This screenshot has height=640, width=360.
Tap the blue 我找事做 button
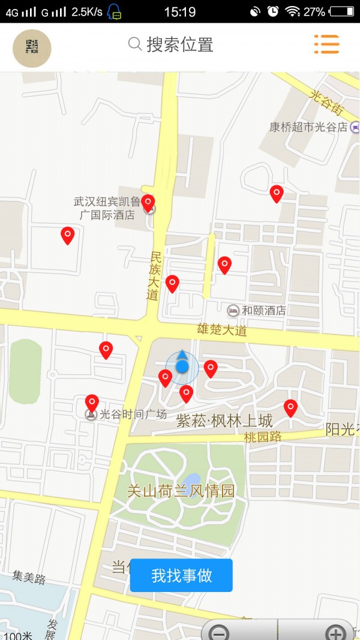click(x=181, y=575)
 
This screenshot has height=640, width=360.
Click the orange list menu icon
click(x=326, y=44)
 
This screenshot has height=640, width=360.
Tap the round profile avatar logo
click(x=32, y=48)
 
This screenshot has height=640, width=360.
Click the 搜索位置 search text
click(x=180, y=44)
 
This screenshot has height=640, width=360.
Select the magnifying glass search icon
click(x=136, y=44)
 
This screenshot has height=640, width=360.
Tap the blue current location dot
click(x=182, y=366)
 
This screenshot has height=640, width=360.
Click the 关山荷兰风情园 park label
click(x=181, y=491)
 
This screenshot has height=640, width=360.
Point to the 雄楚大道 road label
click(x=222, y=329)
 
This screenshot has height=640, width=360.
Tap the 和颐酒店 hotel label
click(x=263, y=311)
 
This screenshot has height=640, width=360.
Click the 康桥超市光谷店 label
click(x=308, y=127)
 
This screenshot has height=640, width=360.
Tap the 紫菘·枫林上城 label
click(x=224, y=421)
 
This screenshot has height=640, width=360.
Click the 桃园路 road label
click(x=263, y=437)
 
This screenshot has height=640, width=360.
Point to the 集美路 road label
click(x=29, y=578)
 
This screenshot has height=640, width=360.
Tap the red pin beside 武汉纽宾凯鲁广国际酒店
click(x=148, y=203)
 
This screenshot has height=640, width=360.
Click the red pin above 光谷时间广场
click(x=92, y=402)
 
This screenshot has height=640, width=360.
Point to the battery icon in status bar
click(x=342, y=11)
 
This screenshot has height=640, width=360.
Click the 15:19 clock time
click(x=179, y=11)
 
